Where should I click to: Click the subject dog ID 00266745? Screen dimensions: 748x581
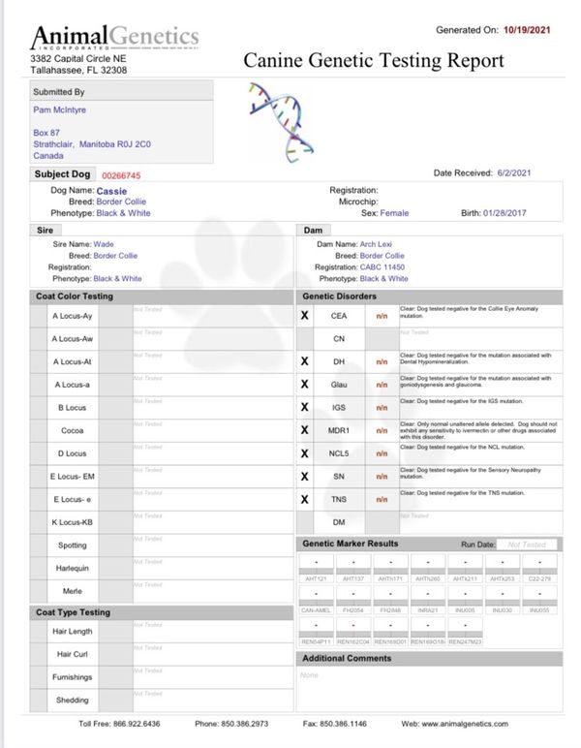pyautogui.click(x=121, y=176)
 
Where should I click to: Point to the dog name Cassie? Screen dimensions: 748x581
pyautogui.click(x=111, y=191)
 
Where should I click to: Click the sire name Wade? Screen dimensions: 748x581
pyautogui.click(x=104, y=244)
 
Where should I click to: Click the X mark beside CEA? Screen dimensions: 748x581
pyautogui.click(x=305, y=315)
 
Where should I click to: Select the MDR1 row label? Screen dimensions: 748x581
pyautogui.click(x=339, y=430)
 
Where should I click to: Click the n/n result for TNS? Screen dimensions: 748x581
pyautogui.click(x=382, y=500)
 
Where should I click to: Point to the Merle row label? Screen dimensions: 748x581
pyautogui.click(x=73, y=591)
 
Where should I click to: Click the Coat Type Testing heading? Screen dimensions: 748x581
pyautogui.click(x=74, y=612)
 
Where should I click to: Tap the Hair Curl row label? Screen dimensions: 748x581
pyautogui.click(x=73, y=654)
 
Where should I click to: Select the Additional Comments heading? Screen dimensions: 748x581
pyautogui.click(x=347, y=659)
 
